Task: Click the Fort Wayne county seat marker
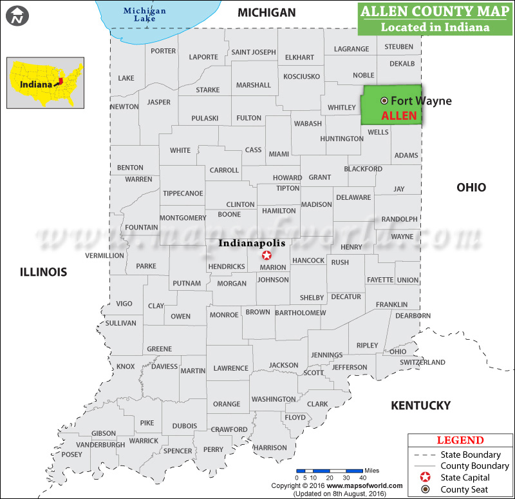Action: (x=384, y=101)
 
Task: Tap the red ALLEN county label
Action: (x=399, y=116)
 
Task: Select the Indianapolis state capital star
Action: (x=267, y=255)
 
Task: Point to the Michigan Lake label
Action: (x=144, y=14)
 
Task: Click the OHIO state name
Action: (x=471, y=188)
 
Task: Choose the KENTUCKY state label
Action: (x=420, y=406)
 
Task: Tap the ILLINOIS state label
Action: (x=43, y=272)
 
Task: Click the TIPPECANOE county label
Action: (x=183, y=193)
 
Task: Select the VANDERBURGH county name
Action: (x=100, y=445)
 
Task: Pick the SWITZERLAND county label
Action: (x=422, y=362)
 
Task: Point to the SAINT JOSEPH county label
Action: (x=254, y=52)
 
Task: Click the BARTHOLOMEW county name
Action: (x=300, y=313)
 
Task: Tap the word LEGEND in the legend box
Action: (x=460, y=441)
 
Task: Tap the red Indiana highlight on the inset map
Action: (x=59, y=82)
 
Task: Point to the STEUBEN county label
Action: (x=399, y=47)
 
